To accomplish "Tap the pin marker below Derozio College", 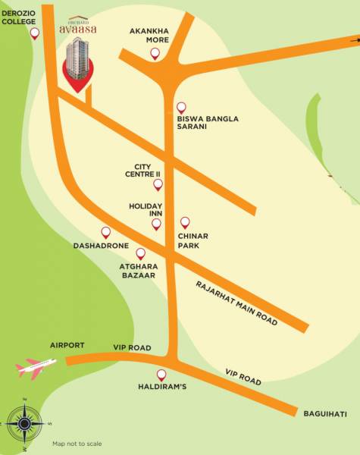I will pyautogui.click(x=34, y=34).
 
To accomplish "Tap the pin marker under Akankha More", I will pyautogui.click(x=155, y=53).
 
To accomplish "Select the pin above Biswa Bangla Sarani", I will pyautogui.click(x=180, y=107).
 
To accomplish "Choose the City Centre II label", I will pyautogui.click(x=147, y=170).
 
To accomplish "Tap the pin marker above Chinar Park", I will pyautogui.click(x=183, y=222).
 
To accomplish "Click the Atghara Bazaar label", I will pyautogui.click(x=137, y=271).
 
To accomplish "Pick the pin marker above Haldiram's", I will pyautogui.click(x=161, y=375).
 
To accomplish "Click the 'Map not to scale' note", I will pyautogui.click(x=77, y=444).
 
